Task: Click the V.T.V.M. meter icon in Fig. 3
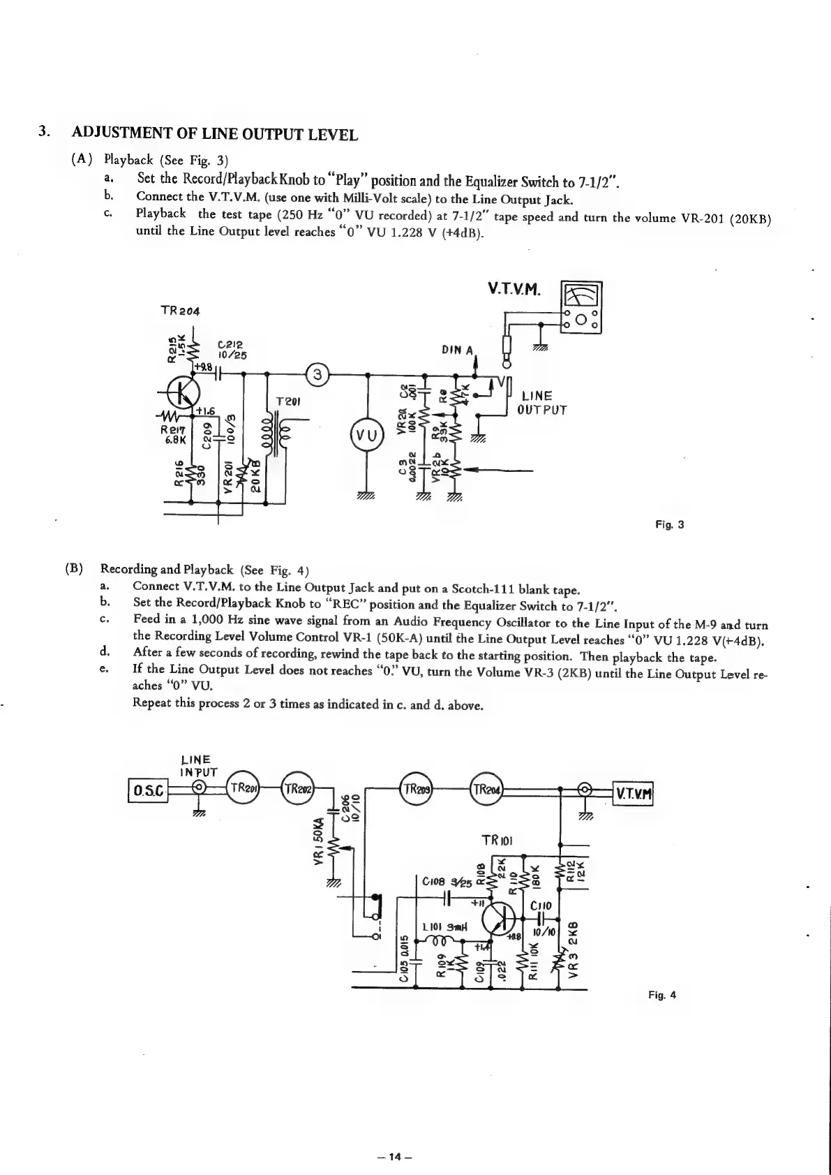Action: pos(582,306)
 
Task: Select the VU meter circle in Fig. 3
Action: pos(368,438)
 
